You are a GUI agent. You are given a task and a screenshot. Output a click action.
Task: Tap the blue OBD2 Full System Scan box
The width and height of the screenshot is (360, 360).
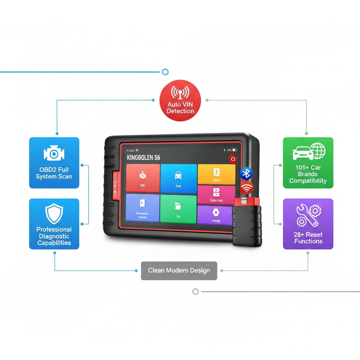(54, 162)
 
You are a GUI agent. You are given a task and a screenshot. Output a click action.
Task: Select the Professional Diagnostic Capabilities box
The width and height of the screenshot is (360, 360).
(54, 224)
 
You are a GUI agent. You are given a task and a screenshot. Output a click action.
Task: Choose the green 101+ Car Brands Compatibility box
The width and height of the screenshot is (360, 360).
(308, 162)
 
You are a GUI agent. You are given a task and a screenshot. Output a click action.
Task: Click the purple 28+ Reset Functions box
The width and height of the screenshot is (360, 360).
(308, 224)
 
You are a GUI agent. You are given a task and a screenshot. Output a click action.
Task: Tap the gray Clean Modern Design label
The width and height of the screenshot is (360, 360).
(179, 270)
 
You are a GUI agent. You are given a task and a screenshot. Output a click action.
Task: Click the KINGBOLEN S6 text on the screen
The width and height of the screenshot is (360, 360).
(143, 157)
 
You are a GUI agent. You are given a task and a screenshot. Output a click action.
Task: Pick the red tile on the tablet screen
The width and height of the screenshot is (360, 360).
(142, 178)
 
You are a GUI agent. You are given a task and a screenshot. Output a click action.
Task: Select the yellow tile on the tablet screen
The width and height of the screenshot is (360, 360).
(216, 174)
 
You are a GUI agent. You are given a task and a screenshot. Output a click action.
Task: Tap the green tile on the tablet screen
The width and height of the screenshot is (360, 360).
(178, 209)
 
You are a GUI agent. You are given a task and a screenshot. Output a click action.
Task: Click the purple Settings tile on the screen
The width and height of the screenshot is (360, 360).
(216, 215)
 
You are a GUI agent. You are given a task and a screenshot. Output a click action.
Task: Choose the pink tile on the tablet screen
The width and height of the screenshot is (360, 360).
(216, 195)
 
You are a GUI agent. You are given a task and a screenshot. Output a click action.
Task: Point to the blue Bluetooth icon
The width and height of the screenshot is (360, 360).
(246, 173)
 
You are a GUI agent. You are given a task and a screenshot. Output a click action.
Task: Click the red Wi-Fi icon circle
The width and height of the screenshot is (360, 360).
(247, 188)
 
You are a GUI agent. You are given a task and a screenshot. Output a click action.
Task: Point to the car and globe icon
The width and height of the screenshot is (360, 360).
(309, 152)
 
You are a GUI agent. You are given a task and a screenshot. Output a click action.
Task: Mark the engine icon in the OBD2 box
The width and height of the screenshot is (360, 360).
(54, 153)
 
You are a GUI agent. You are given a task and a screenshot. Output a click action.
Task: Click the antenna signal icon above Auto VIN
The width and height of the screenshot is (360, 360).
(180, 92)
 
